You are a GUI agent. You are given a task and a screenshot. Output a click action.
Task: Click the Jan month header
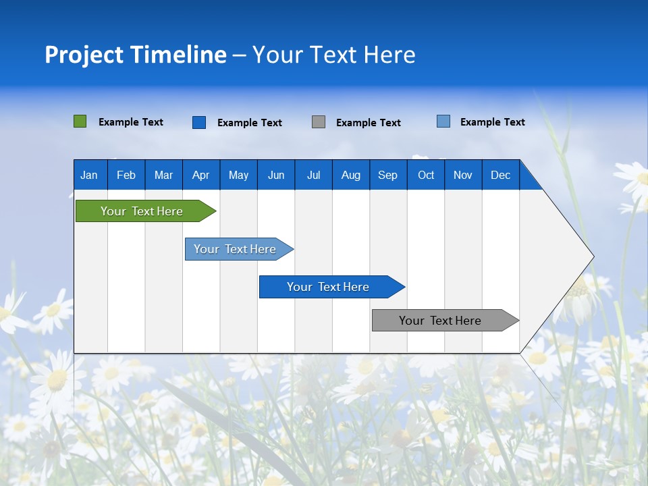89,175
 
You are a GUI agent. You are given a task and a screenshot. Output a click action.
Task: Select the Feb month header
126,175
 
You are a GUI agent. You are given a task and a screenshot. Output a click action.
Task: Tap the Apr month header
200,175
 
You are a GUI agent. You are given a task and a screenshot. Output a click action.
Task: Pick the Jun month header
276,175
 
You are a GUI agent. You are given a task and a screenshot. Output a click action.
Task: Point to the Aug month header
350,175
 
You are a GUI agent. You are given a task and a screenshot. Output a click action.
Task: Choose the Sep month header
387,175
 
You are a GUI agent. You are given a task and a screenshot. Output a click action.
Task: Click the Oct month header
426,175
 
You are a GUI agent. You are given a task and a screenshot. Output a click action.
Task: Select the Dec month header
500,175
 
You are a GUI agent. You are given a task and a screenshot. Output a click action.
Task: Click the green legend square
80,122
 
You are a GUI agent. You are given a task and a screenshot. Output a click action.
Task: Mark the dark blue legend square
199,122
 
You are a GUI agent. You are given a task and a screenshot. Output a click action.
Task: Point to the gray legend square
319,122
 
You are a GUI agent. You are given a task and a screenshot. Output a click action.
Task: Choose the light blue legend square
443,122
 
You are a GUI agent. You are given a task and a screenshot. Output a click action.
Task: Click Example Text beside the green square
131,122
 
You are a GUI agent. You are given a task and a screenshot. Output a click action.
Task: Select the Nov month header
463,175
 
